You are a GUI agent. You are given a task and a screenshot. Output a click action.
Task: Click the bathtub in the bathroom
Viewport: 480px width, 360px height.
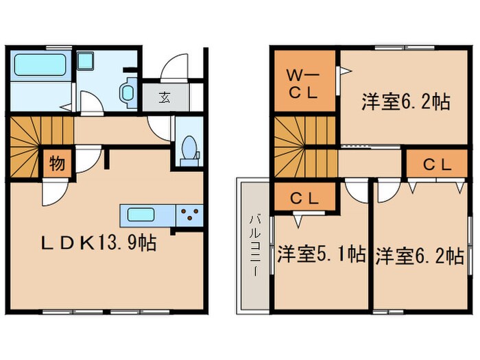(38, 66)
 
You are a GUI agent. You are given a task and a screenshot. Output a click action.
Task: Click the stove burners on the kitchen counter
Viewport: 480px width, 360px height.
(190, 215)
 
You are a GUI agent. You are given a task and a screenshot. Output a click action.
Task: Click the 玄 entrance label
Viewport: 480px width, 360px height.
(165, 97)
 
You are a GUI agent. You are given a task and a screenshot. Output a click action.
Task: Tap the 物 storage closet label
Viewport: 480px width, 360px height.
(57, 165)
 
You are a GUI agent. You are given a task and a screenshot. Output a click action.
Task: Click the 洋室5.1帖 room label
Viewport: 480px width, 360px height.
(321, 255)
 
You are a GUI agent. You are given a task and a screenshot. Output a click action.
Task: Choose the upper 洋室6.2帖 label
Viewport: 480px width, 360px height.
(405, 103)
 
